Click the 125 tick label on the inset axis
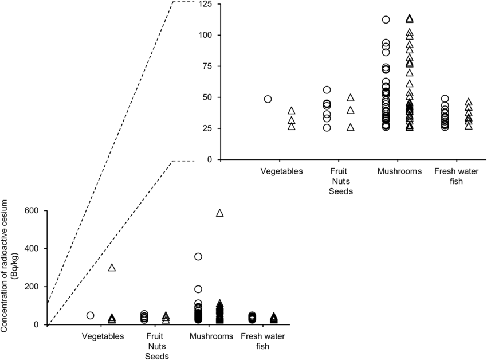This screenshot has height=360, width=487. tap(205, 5)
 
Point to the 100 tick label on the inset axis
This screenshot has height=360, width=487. tap(205, 36)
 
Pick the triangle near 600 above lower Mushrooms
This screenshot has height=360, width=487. tap(219, 213)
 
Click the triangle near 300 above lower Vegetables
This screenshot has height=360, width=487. tap(112, 268)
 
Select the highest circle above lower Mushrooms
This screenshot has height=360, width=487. tap(198, 256)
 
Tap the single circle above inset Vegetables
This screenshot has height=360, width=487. tap(268, 99)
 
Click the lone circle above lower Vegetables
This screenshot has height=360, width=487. tap(90, 315)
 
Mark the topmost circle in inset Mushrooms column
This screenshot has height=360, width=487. tap(386, 19)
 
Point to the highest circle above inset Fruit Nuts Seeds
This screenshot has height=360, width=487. tap(327, 89)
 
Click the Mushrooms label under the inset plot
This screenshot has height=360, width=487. tap(399, 171)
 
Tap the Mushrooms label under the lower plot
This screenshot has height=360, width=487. tap(211, 336)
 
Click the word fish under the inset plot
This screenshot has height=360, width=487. tap(457, 181)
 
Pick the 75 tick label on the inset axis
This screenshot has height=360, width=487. tap(207, 66)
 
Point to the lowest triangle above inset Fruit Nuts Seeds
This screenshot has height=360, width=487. tap(351, 127)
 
